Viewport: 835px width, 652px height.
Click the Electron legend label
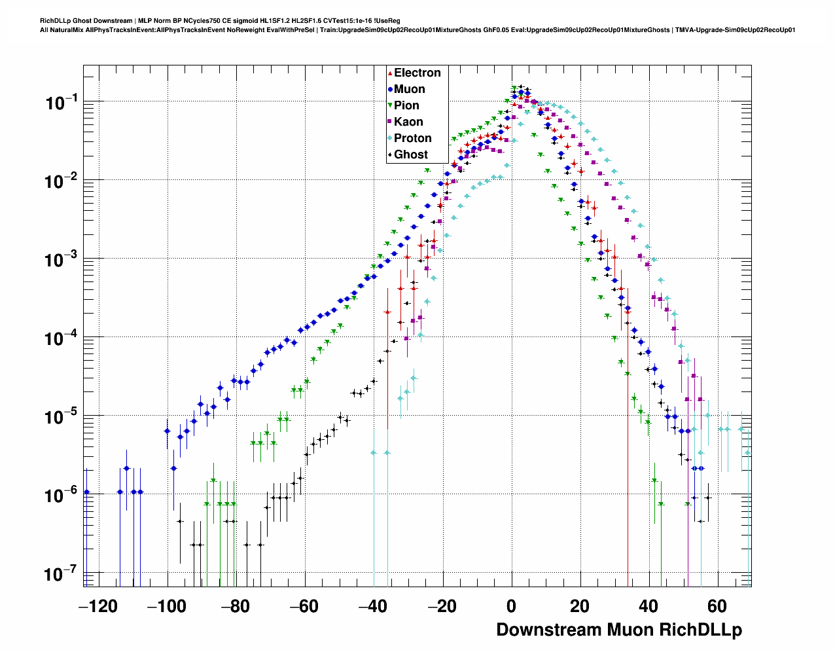point(417,73)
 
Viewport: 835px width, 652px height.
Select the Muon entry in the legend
point(409,89)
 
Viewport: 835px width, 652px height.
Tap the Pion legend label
point(406,105)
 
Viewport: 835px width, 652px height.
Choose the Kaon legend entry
point(408,122)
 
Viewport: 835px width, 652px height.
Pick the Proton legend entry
point(412,138)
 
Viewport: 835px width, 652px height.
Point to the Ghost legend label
point(410,154)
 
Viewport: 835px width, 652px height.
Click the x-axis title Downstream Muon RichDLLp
point(618,630)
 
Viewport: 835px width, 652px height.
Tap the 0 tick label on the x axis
point(511,606)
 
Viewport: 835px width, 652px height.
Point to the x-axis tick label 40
point(648,606)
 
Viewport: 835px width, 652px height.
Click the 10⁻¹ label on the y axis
point(62,103)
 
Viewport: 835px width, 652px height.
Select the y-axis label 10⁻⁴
point(62,339)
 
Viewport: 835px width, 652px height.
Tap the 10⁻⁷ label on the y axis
point(62,575)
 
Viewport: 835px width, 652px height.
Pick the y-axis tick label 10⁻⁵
point(62,418)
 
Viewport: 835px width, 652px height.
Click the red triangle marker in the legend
point(390,73)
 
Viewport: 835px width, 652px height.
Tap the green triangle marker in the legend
point(390,105)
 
